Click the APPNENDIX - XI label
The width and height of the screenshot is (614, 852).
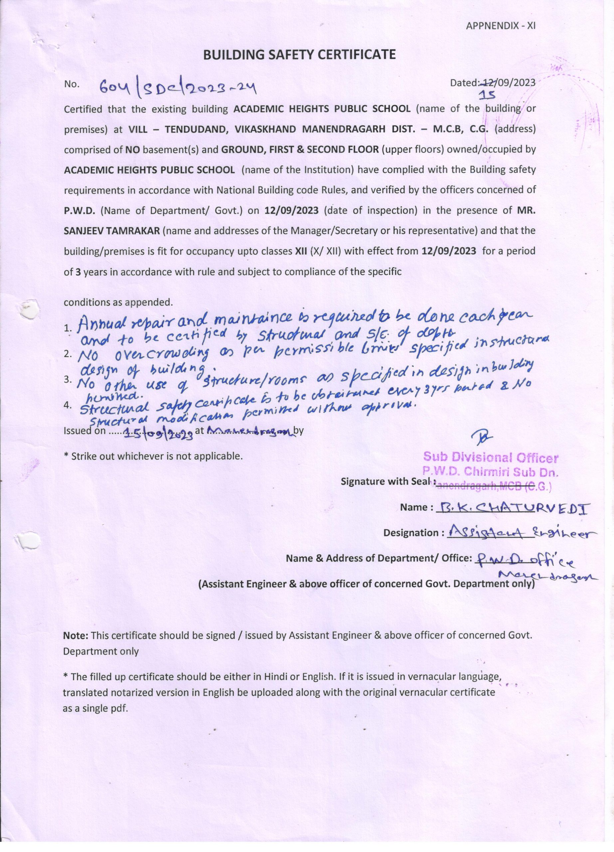500,26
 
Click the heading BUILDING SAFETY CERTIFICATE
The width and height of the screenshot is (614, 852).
299,55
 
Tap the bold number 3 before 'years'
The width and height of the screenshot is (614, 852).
78,272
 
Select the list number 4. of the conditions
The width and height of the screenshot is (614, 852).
68,405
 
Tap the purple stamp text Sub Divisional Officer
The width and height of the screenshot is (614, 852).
491,458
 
